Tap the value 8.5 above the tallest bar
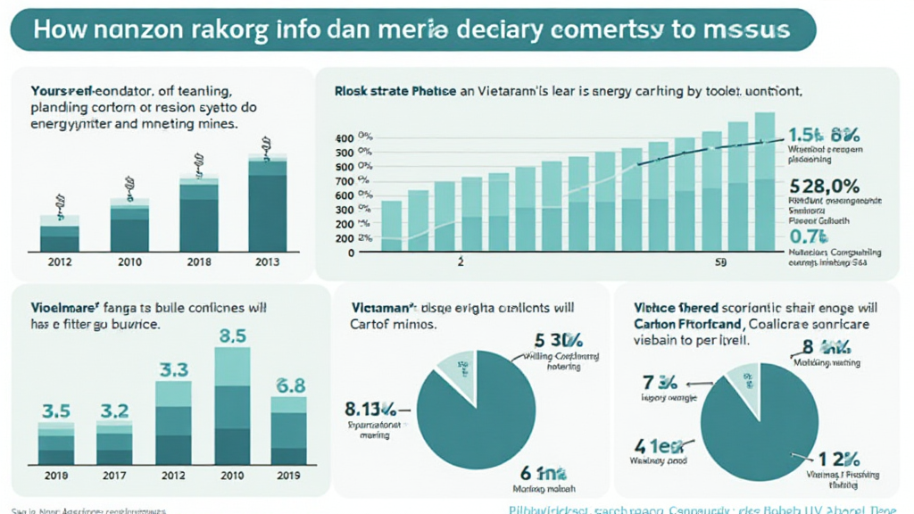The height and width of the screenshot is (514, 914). tap(232, 337)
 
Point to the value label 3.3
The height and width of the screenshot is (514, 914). tap(173, 369)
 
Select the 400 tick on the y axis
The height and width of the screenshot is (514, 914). tap(344, 138)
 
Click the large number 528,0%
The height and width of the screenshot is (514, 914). tap(825, 187)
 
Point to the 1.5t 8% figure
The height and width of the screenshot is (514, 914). tap(824, 136)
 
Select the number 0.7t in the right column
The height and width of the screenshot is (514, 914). tap(810, 236)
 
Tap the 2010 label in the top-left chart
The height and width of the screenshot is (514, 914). tap(129, 261)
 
